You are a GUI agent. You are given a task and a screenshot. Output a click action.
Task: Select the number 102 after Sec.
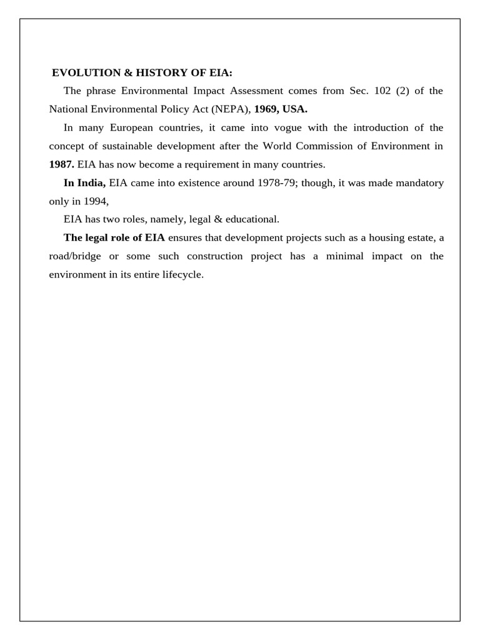(x=382, y=91)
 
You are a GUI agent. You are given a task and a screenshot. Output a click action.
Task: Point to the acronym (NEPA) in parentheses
(x=231, y=109)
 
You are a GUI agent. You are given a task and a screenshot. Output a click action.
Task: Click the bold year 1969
(x=266, y=109)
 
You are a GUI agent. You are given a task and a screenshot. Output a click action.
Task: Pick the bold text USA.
(x=295, y=109)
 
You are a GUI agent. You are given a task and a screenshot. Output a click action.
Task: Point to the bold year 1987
(x=61, y=164)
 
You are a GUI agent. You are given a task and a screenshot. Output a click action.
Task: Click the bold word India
(x=91, y=183)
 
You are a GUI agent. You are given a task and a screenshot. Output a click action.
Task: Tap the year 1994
(x=94, y=201)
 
